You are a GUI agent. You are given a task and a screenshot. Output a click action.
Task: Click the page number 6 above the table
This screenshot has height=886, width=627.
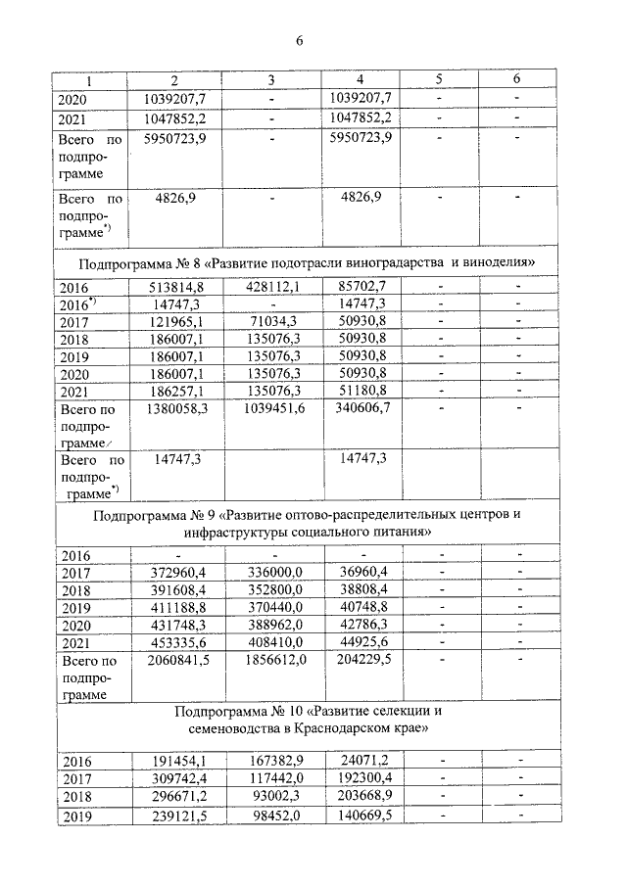(300, 40)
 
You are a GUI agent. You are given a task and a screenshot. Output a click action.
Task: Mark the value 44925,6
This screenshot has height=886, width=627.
(358, 641)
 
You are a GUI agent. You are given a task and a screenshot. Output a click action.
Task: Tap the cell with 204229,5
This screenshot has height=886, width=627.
(358, 659)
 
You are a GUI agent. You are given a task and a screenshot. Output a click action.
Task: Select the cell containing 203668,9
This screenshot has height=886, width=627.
(358, 796)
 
